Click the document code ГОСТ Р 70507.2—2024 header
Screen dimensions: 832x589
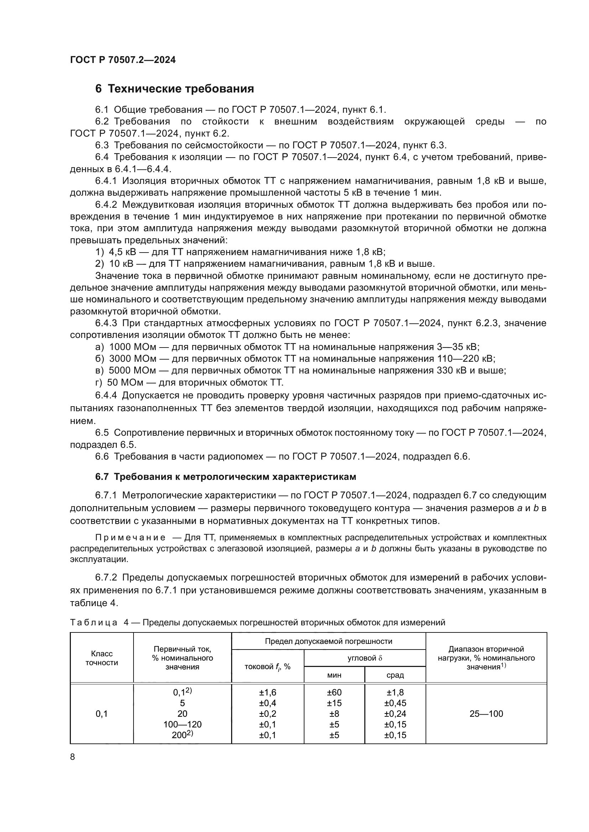tap(123, 60)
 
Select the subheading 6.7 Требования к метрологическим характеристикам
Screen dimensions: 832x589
tap(225, 477)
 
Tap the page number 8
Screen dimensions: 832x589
tap(73, 757)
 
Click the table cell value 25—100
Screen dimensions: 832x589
tap(486, 714)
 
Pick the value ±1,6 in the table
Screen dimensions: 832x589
tap(267, 693)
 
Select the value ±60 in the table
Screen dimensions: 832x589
tap(334, 693)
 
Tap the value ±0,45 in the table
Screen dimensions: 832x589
tap(395, 703)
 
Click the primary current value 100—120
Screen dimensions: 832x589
tap(182, 724)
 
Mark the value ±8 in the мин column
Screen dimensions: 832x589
tap(334, 714)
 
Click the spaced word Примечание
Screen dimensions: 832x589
tap(130, 537)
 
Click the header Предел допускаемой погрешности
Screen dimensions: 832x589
tap(328, 641)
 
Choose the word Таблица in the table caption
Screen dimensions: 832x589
tap(94, 622)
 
